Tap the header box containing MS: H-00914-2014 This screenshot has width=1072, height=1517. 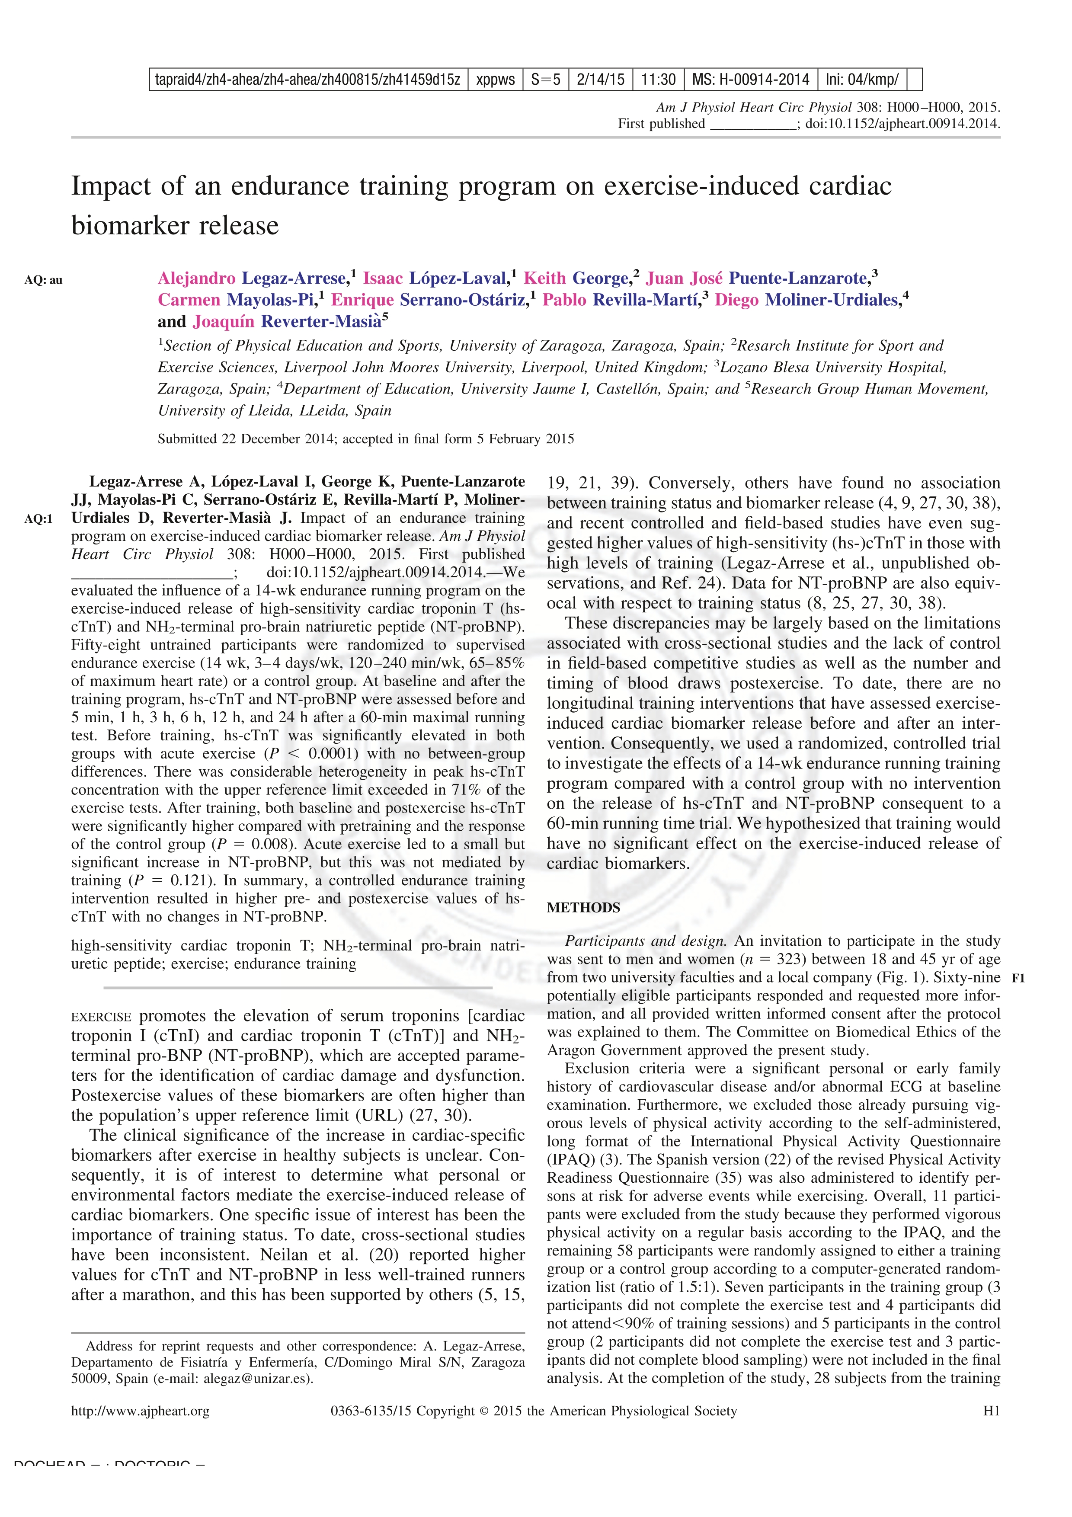pos(750,80)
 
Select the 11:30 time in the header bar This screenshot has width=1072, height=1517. pos(658,80)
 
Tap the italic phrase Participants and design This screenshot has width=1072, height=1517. pos(645,941)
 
